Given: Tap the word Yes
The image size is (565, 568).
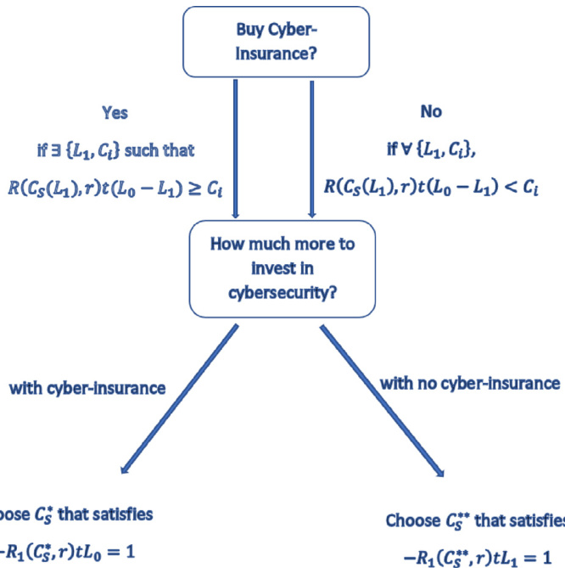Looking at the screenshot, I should coord(115,112).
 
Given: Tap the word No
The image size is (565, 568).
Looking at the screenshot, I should coord(431,112).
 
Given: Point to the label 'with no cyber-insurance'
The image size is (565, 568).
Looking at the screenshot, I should coord(469,383).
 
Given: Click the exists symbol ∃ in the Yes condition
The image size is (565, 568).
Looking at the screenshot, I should coord(53,150).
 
